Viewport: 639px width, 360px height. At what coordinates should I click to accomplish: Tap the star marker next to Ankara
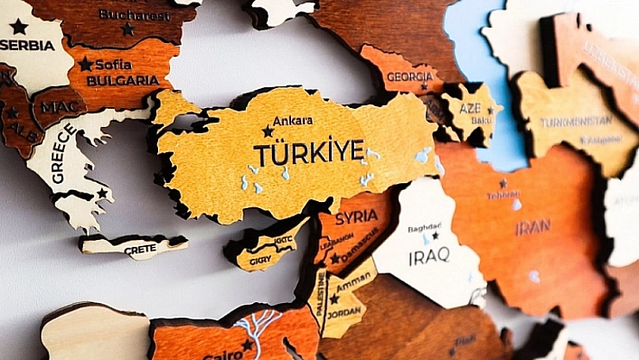pos(268,131)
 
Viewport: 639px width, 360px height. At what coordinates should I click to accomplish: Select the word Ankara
pos(293,121)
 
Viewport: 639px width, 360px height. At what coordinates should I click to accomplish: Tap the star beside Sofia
pos(85,64)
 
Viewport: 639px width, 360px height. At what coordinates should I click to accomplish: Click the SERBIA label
pos(27,45)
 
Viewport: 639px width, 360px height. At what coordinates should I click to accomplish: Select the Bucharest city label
pos(134,15)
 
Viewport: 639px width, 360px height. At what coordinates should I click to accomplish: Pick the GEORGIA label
pos(409,76)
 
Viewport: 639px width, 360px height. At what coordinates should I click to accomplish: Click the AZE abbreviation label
pos(471,109)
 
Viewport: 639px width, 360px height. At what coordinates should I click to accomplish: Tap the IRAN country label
pos(533,228)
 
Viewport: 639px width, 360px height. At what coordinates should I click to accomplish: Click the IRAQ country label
pos(428,255)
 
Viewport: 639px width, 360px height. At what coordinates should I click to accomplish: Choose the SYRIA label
pos(357,216)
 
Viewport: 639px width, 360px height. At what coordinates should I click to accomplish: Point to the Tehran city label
pos(503,195)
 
